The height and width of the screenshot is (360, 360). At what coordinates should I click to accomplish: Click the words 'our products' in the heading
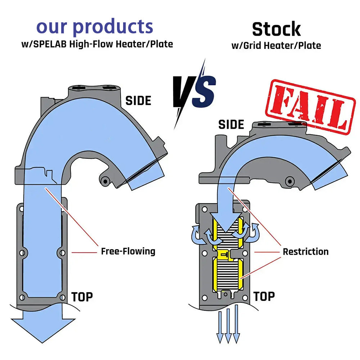point(95,27)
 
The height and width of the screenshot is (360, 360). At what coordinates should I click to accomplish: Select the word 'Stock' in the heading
point(276,29)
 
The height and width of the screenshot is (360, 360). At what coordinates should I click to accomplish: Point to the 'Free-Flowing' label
point(128,251)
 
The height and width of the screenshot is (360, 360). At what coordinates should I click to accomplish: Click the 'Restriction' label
point(305,251)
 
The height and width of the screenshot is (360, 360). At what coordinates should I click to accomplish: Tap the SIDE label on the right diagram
point(231,125)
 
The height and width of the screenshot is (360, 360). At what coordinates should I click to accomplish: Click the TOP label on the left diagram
point(82,297)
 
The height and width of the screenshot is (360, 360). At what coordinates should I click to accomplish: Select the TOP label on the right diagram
point(264,296)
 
